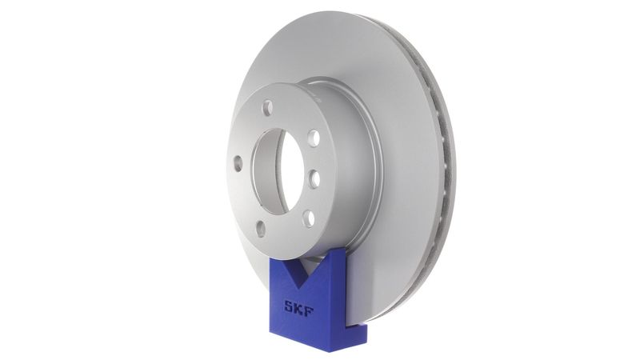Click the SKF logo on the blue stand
[298, 306]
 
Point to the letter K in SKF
[299, 306]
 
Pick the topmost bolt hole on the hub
[268, 107]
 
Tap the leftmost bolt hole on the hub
[238, 163]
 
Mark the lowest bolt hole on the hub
[261, 228]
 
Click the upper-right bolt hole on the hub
[314, 138]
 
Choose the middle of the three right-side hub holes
[314, 178]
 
